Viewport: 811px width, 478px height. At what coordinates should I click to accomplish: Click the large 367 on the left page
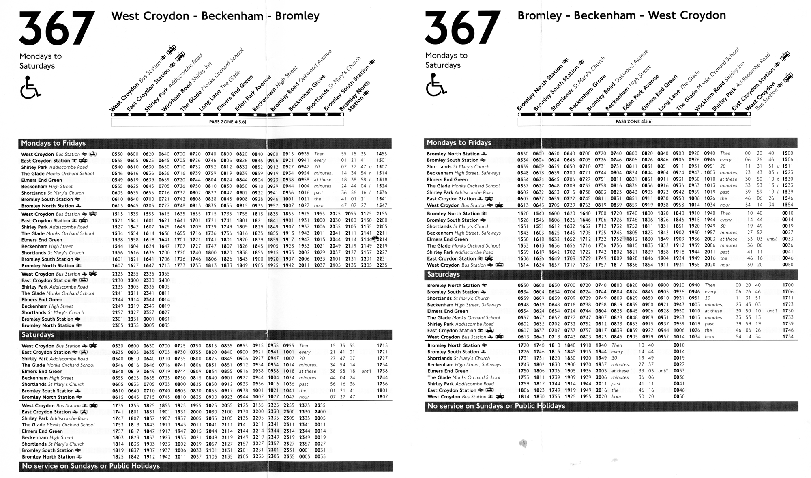tap(57, 28)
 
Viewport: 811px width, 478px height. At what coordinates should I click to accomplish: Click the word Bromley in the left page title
tap(297, 16)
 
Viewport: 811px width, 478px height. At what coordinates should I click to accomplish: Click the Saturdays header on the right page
tap(443, 274)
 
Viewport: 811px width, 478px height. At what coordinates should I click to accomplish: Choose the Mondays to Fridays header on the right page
tap(459, 143)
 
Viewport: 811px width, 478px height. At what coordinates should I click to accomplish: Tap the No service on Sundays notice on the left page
tap(91, 466)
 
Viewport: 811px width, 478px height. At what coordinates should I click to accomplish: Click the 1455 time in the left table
tap(382, 154)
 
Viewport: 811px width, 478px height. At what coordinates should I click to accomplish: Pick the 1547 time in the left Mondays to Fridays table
tap(382, 206)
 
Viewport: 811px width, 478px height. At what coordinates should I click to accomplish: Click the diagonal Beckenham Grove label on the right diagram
tap(587, 93)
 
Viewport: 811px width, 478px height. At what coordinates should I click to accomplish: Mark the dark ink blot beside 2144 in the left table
tap(375, 239)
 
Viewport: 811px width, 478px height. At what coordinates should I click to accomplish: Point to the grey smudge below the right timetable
tap(523, 443)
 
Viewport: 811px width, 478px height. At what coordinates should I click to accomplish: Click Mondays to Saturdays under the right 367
tap(446, 60)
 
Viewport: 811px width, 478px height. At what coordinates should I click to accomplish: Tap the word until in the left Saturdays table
tap(366, 371)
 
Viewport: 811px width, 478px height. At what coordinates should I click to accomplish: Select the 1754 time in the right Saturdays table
tap(788, 337)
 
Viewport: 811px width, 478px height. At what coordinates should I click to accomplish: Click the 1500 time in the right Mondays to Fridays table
tap(787, 153)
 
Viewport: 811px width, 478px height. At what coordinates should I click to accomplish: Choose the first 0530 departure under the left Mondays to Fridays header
tap(117, 154)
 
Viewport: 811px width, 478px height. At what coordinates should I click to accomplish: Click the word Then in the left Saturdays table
tap(304, 346)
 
